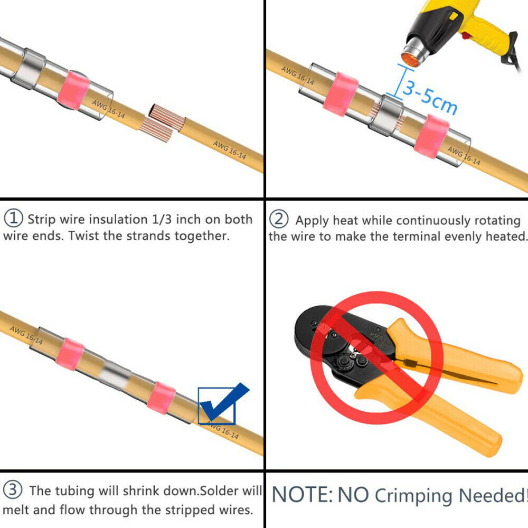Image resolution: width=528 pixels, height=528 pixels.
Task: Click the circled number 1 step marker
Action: point(14,218)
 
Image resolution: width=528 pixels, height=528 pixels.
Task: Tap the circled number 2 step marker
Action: point(279,219)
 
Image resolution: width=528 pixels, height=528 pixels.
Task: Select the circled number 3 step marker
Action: point(13,489)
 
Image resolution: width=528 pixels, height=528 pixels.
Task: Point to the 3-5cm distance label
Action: point(430,96)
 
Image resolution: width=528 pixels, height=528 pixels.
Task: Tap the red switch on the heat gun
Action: point(467,35)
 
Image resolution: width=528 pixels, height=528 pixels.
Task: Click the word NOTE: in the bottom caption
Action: point(302,495)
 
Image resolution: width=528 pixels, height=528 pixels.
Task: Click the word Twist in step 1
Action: point(84,235)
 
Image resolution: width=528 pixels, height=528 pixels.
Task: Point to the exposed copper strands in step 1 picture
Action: point(162,123)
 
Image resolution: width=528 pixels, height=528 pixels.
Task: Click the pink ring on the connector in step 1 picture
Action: point(73,90)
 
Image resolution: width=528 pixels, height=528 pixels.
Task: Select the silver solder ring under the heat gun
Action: point(386,115)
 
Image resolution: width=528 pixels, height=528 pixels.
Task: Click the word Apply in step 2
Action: point(312,221)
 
